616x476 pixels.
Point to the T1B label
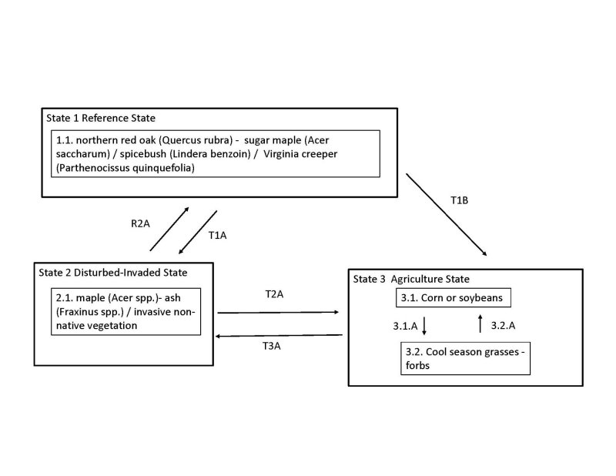[x=460, y=200]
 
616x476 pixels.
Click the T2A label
[x=276, y=294]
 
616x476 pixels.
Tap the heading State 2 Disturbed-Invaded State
[x=112, y=272]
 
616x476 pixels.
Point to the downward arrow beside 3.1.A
[x=423, y=326]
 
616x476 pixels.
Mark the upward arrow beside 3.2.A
[x=480, y=324]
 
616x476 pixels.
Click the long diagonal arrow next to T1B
[x=447, y=216]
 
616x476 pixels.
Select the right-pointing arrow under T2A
[x=279, y=312]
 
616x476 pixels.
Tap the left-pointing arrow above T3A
[x=279, y=335]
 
